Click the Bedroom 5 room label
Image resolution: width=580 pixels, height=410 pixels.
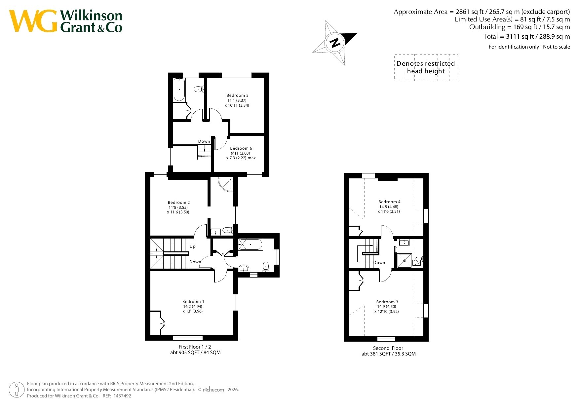pos(237,95)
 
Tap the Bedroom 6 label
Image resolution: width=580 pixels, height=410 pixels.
pos(241,148)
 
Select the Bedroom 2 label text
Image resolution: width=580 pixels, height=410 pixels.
pos(179,203)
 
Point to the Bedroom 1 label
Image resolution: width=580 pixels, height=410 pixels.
pos(193,302)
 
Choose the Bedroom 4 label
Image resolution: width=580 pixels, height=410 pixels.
pos(389,202)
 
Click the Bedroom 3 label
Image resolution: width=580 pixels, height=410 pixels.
pos(387,302)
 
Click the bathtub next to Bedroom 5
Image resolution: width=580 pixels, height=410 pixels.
pos(179,90)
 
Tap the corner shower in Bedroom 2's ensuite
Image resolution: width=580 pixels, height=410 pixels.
pos(226,184)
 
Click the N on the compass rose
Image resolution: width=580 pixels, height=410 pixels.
pos(335,43)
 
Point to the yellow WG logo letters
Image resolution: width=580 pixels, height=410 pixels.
pos(33,21)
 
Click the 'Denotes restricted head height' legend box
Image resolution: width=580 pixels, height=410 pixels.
pos(426,68)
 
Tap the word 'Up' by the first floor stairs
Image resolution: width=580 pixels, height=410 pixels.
pos(193,246)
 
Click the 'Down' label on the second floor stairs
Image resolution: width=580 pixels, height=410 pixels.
pos(379,263)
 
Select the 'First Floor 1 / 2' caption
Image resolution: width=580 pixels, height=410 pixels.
pos(195,347)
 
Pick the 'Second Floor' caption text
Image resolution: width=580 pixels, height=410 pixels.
pos(388,348)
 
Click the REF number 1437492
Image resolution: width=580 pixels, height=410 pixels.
pos(122,396)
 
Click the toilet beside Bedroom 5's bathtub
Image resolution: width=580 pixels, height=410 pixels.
pos(198,89)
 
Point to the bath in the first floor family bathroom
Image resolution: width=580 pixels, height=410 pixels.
pos(250,245)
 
